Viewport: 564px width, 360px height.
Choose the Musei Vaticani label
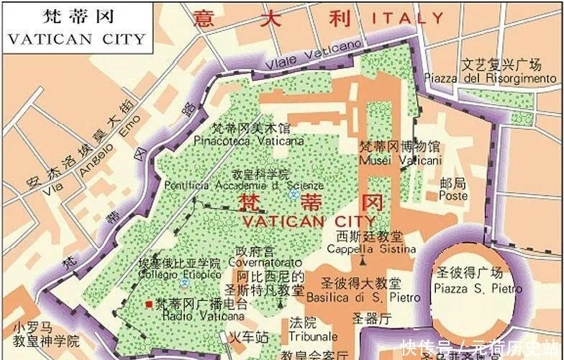click(x=400, y=161)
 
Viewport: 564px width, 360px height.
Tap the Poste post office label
click(x=453, y=195)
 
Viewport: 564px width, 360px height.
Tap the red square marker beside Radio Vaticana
click(x=148, y=305)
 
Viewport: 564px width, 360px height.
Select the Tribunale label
click(x=313, y=336)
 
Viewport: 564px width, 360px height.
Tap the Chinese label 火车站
click(x=248, y=336)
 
